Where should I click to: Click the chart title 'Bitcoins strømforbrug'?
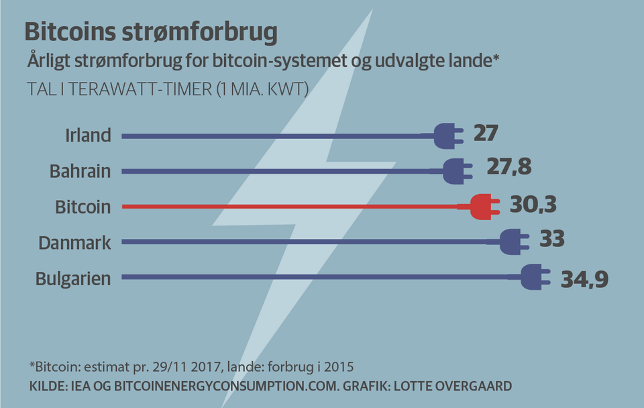(151, 32)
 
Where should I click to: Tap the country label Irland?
(88, 136)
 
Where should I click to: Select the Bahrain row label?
(80, 171)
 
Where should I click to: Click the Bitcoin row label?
(83, 207)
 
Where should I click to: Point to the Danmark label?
(74, 242)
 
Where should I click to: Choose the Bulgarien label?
(73, 278)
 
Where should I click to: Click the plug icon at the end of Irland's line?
(447, 136)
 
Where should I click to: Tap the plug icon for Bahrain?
(458, 171)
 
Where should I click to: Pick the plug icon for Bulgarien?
(535, 277)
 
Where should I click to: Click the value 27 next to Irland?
(486, 133)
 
